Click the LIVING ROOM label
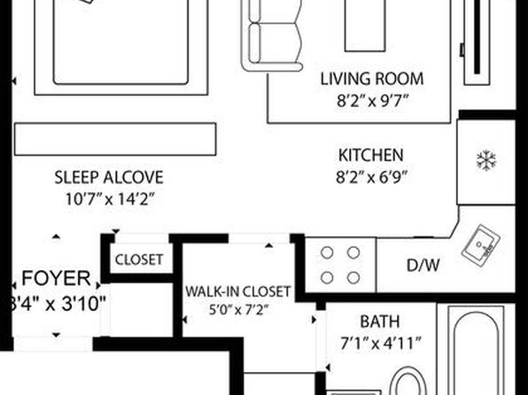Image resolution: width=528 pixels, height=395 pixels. pos(372,79)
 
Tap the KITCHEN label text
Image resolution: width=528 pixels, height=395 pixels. pos(370,155)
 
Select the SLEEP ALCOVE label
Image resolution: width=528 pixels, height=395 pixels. pos(109,177)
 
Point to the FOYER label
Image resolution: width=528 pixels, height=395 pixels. pos(56,278)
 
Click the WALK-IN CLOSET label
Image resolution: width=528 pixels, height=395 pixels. pos(238,291)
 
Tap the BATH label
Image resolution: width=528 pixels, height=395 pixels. pos(380,321)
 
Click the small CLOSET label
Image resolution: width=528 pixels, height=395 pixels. pos(139,259)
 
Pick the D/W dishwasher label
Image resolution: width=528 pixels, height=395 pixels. pos(423,266)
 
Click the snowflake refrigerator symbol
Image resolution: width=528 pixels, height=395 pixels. pos(486,160)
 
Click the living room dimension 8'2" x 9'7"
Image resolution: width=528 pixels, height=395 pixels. pos(373,101)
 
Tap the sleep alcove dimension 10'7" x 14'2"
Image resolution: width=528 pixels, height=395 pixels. pos(110,199)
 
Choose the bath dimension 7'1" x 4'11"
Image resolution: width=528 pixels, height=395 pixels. pos(381,344)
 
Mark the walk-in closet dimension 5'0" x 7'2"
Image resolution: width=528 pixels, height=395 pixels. pos(238,309)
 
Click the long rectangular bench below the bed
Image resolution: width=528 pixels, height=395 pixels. pos(115,139)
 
